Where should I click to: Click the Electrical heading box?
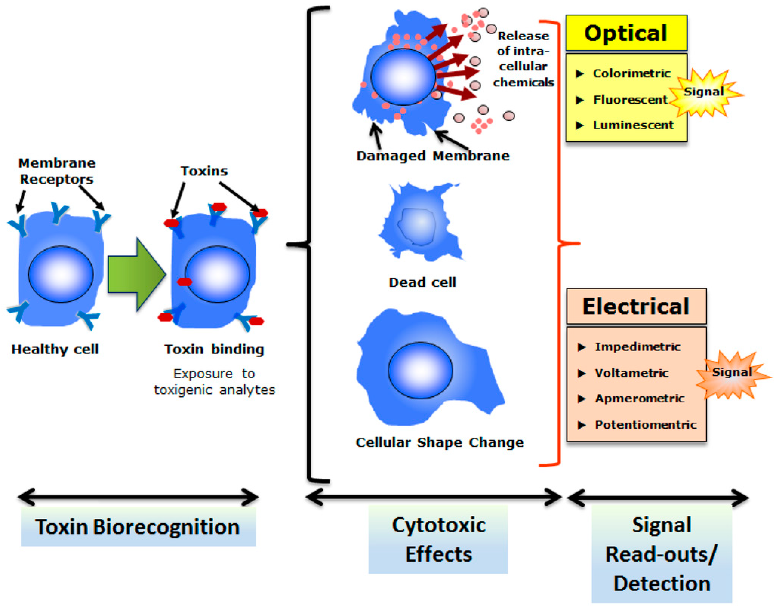pyautogui.click(x=636, y=306)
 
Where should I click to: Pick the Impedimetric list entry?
pyautogui.click(x=637, y=347)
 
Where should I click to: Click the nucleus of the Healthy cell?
pyautogui.click(x=61, y=274)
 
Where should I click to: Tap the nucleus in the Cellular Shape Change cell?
pyautogui.click(x=420, y=371)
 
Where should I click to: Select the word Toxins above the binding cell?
pyautogui.click(x=204, y=171)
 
